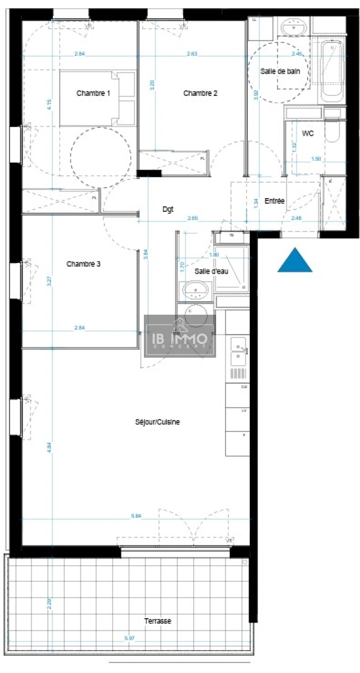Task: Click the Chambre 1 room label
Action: [x=93, y=93]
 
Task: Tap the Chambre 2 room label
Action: [x=200, y=93]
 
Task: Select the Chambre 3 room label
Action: [x=83, y=264]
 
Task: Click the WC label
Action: [x=307, y=134]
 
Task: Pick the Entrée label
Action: [x=275, y=201]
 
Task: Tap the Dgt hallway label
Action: [x=168, y=209]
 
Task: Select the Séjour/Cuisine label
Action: [x=158, y=422]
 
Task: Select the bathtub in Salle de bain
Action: [x=331, y=72]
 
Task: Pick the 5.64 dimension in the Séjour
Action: [x=136, y=515]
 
